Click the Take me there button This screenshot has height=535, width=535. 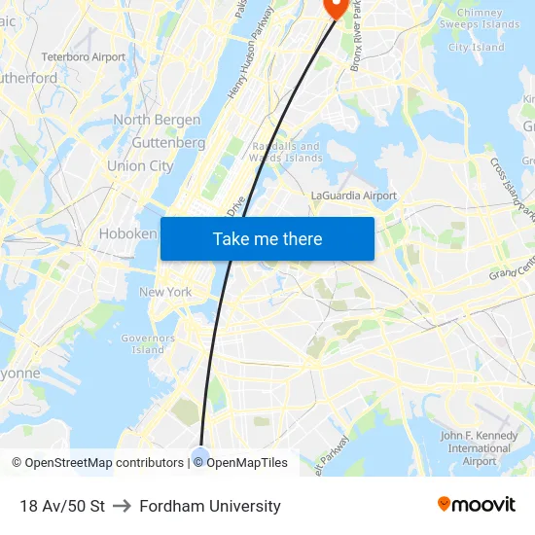pyautogui.click(x=267, y=238)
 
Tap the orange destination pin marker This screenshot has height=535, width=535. pyautogui.click(x=336, y=7)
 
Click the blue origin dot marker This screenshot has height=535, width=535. pyautogui.click(x=201, y=454)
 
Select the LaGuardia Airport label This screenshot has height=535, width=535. pyautogui.click(x=353, y=196)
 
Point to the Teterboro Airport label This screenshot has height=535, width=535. pyautogui.click(x=83, y=57)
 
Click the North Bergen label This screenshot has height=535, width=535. pyautogui.click(x=157, y=120)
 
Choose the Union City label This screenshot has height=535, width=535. pyautogui.click(x=140, y=165)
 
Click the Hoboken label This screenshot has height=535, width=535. pyautogui.click(x=127, y=234)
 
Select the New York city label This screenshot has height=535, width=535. pyautogui.click(x=165, y=292)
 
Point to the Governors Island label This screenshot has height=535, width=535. pyautogui.click(x=148, y=343)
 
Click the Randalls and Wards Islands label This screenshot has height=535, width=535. pyautogui.click(x=285, y=152)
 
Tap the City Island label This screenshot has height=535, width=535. pyautogui.click(x=476, y=47)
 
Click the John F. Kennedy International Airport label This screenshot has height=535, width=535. pyautogui.click(x=480, y=447)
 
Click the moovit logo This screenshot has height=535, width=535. pyautogui.click(x=476, y=505)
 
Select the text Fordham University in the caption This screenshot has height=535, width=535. pyautogui.click(x=210, y=506)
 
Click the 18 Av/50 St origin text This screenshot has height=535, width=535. pyautogui.click(x=62, y=506)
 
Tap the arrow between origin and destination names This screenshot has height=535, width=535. pyautogui.click(x=122, y=506)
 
